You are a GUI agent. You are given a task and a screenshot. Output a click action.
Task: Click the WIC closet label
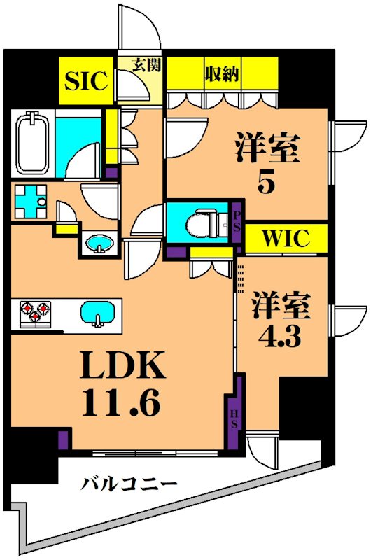(286, 238)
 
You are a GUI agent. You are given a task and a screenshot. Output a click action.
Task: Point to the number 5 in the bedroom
(265, 182)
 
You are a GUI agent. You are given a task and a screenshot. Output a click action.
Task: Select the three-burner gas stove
(36, 311)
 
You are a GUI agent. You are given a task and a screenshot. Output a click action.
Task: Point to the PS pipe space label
(237, 222)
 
